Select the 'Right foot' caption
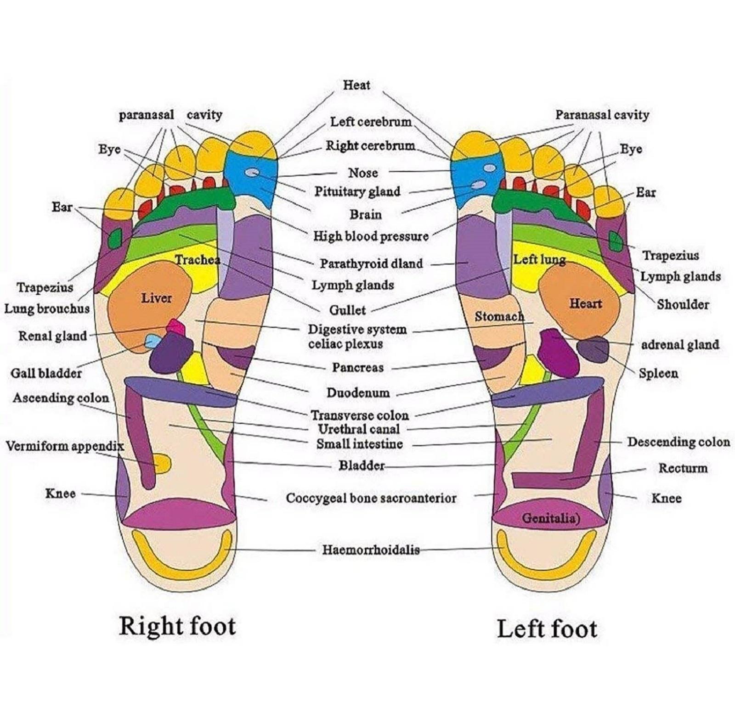(177, 626)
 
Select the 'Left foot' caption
(547, 628)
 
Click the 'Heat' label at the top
(356, 85)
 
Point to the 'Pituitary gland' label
(357, 191)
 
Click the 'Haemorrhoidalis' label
(371, 550)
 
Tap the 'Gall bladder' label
(46, 373)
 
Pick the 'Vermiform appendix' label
(65, 446)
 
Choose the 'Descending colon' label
(678, 442)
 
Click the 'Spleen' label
(658, 373)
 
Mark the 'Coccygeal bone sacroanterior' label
(371, 498)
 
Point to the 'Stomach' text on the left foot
(499, 316)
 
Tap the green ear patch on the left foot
(616, 241)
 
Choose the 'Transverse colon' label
(360, 415)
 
